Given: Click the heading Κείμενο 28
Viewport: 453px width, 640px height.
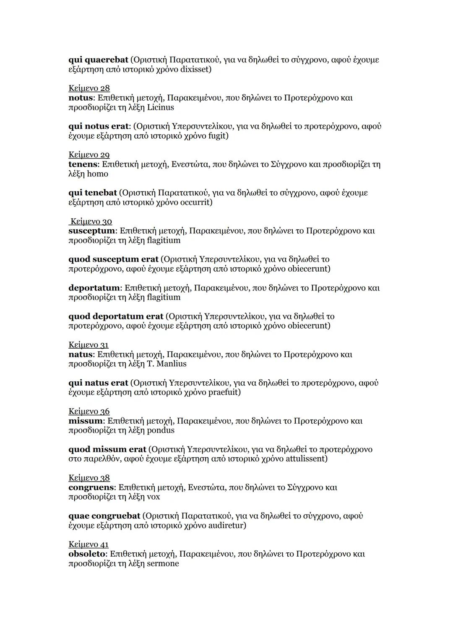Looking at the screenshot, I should [x=89, y=88].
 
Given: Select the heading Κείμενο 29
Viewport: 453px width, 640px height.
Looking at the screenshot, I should [x=89, y=155].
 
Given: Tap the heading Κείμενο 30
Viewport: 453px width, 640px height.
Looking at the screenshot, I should [x=91, y=221].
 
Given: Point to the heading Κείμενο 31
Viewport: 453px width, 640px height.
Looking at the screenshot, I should [x=89, y=345].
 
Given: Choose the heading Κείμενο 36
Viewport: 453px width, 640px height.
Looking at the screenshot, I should [x=89, y=411].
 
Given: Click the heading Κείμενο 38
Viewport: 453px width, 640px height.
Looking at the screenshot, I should [x=89, y=478].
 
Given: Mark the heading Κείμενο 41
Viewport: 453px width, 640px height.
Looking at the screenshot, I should [x=89, y=544].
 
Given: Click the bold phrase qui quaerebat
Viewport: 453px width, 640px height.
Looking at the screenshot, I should [x=98, y=60].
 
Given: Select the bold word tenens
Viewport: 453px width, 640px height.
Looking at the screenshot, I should [x=83, y=164].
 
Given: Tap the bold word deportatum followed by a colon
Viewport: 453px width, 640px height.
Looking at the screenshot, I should [x=94, y=288].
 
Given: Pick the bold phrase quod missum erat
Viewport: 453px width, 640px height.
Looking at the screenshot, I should [x=107, y=449].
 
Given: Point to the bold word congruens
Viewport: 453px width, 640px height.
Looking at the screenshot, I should [x=91, y=487].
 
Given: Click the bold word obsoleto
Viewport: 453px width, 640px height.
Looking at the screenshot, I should [x=86, y=554].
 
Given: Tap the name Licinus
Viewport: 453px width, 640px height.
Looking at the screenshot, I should [x=160, y=107].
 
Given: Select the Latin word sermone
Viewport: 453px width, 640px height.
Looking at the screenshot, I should [x=163, y=563].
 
